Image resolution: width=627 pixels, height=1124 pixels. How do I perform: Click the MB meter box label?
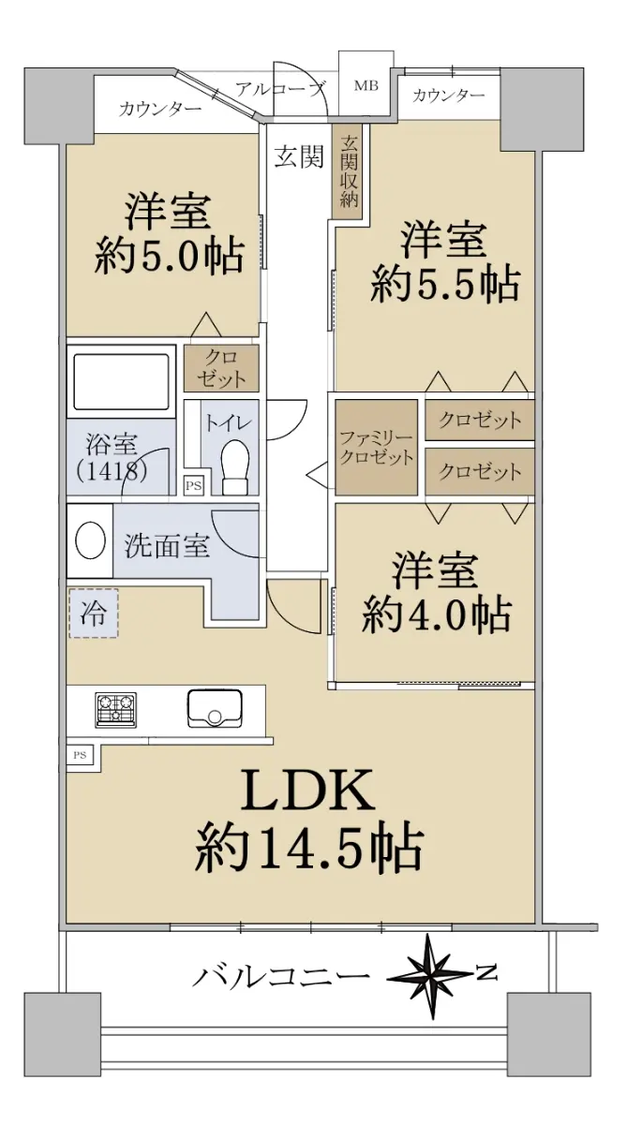366,85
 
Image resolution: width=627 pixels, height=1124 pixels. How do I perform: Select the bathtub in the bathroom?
121,382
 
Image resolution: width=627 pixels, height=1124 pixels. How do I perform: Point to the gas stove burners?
116,710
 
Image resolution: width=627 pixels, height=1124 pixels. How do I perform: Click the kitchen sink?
215,708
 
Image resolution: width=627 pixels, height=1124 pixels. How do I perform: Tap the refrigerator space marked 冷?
94,614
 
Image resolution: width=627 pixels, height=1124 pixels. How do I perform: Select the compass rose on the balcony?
431,976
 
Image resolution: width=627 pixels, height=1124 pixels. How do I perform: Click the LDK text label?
307,791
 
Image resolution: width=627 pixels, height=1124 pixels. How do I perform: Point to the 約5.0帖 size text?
170,257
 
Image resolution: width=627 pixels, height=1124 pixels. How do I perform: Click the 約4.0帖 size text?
436,614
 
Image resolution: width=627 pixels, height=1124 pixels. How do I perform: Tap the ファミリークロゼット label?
377,447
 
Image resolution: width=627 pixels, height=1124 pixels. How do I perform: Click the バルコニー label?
281,976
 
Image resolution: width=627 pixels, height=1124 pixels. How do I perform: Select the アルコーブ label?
280,89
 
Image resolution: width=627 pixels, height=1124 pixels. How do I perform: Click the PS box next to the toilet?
193,486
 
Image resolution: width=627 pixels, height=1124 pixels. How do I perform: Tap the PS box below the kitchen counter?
80,755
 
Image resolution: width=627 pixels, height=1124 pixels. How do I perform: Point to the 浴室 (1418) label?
112,457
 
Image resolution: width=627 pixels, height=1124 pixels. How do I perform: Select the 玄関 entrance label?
299,157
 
